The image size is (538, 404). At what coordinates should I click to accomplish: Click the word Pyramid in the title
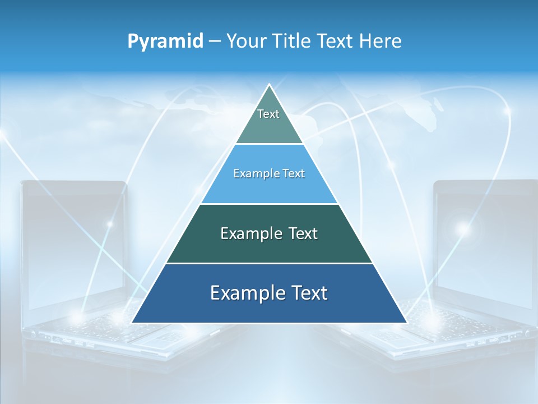coord(165,42)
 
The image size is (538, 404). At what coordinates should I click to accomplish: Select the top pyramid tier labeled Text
coord(269,121)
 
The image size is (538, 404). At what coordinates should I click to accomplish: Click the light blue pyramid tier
coord(269,174)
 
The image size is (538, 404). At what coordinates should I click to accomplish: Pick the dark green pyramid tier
coord(269,233)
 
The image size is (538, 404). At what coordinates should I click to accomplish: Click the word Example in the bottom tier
coord(245,293)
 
